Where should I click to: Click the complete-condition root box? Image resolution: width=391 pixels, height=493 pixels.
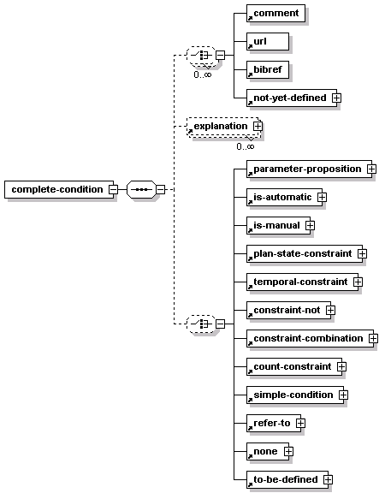59,189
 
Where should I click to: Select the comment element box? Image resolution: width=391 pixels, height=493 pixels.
275,13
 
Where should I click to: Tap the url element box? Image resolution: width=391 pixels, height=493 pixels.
268,41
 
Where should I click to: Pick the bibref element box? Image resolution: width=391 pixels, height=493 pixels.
268,70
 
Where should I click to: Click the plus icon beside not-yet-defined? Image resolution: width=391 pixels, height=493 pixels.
336,98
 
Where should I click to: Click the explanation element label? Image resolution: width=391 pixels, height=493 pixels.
221,126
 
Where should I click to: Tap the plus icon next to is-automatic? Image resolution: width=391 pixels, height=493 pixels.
322,197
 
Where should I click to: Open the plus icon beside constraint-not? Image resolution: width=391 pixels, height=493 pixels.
330,311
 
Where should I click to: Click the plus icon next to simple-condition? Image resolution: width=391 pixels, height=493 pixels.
343,395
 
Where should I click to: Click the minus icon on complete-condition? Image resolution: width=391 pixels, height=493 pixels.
114,190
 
